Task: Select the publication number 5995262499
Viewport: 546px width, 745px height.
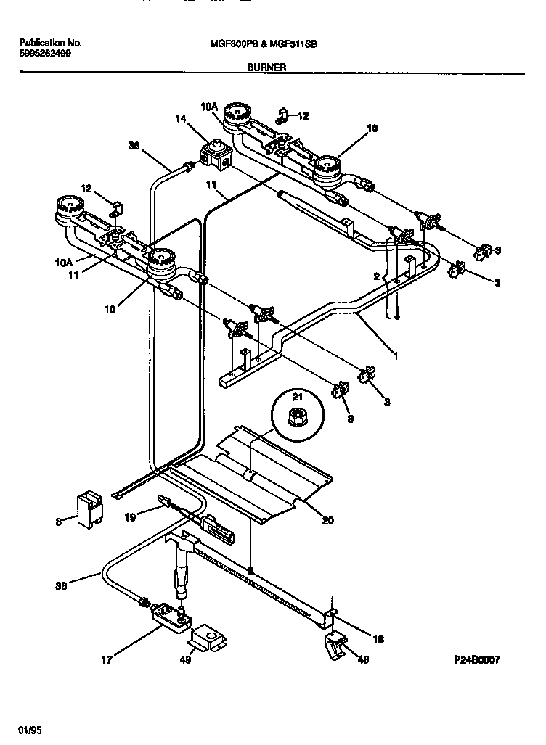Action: coord(45,54)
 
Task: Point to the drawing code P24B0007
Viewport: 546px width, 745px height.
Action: coord(477,659)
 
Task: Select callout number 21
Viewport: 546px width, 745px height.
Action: coord(296,398)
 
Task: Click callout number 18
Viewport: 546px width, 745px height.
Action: coord(378,639)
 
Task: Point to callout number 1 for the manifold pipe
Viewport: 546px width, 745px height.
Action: coord(396,357)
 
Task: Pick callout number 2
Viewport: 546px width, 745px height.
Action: coord(377,276)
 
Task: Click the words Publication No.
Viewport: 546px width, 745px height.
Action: coord(49,43)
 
